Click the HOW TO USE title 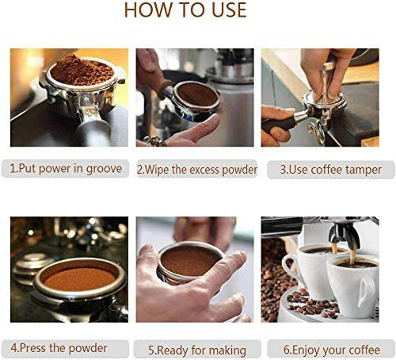click(x=185, y=10)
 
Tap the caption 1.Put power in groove click(x=66, y=169)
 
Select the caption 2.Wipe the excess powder click(x=197, y=170)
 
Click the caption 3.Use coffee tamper click(x=330, y=170)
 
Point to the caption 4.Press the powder click(x=59, y=348)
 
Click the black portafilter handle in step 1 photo click(x=93, y=130)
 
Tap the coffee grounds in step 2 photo click(x=197, y=94)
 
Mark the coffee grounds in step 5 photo click(x=189, y=261)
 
